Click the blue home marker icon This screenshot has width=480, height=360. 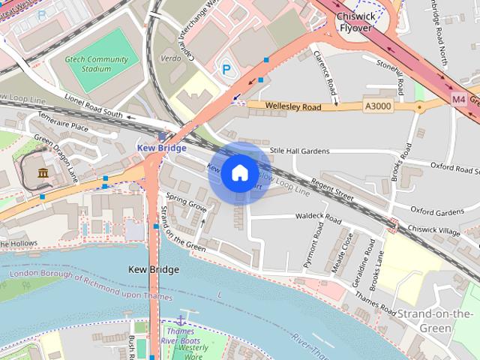coord(239,173)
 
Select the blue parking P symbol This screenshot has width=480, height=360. coord(226,69)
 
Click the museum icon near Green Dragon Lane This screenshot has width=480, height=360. coord(43,174)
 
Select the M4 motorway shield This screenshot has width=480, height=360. coord(459,98)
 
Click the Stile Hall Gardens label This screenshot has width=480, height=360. coord(299,151)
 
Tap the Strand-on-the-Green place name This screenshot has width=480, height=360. coord(436,320)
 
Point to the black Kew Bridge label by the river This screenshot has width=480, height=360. coord(154,269)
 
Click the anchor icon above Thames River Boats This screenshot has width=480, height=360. coord(180,320)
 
